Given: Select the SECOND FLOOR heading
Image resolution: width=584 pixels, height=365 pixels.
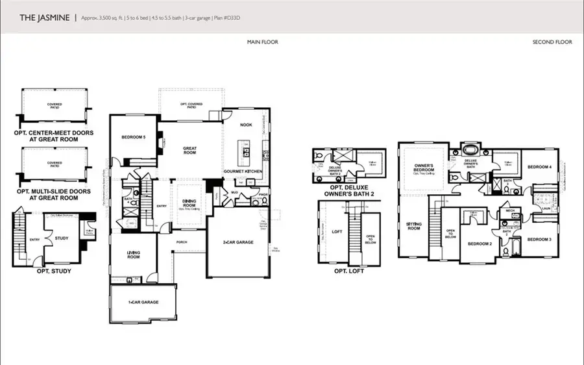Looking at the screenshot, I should click(x=552, y=42).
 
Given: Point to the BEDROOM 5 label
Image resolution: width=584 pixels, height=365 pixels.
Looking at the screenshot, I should click(x=134, y=137).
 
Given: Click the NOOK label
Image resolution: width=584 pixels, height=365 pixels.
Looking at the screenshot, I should click(x=245, y=125).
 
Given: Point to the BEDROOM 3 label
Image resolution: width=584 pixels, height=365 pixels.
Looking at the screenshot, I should click(x=539, y=240).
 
